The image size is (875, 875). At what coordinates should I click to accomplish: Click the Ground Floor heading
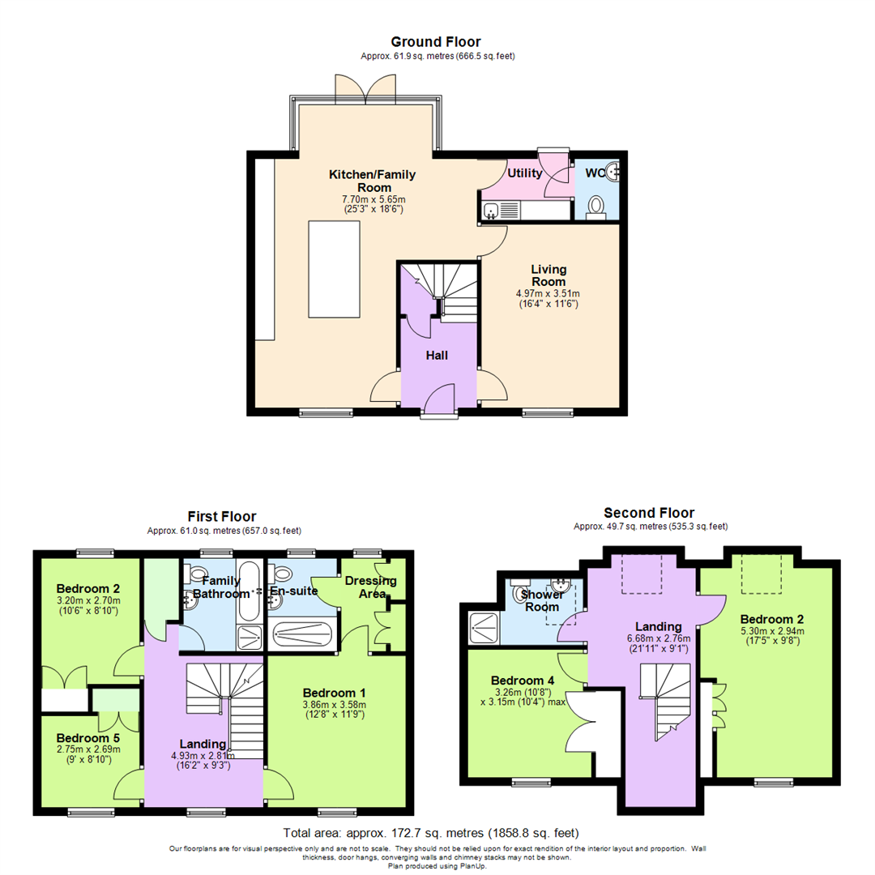436,41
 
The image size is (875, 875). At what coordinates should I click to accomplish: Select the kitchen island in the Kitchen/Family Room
333,270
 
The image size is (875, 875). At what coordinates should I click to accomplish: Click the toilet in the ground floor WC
597,207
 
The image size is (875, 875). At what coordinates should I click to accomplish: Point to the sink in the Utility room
491,211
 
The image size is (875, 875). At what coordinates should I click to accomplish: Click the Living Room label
548,275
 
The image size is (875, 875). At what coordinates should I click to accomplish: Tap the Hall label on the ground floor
437,355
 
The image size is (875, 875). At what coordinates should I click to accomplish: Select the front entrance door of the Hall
438,402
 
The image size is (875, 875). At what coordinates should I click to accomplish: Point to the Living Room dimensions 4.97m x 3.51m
548,293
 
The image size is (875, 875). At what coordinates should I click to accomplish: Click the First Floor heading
221,516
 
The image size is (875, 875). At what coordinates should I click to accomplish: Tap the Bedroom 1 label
334,693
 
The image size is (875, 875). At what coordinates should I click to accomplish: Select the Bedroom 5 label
88,738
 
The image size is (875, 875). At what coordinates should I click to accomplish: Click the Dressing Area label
370,587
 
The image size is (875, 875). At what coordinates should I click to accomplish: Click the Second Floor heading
650,513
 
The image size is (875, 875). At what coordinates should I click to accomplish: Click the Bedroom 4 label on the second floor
523,681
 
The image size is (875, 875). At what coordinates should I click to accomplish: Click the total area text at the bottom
430,833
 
